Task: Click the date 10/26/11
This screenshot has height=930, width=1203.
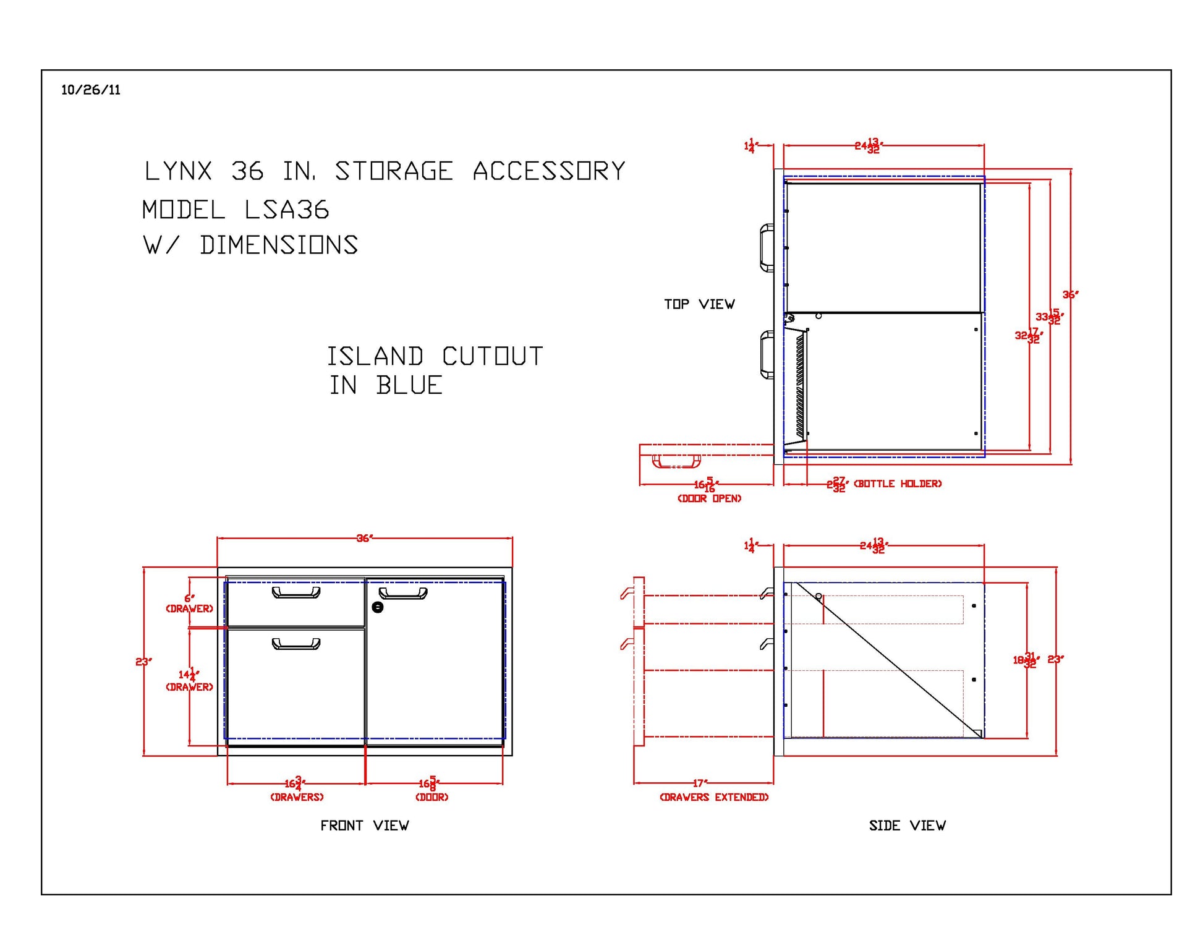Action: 90,90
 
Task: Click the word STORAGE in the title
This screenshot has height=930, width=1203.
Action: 394,171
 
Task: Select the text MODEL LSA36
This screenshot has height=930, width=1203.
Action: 236,210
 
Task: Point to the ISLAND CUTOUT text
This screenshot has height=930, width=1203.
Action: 435,357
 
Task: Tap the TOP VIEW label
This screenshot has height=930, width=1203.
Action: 699,304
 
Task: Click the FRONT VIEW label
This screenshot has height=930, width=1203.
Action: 364,825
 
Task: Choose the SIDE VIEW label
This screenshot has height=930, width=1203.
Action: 907,825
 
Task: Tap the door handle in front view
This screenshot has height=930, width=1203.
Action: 403,594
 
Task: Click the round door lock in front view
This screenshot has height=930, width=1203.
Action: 378,607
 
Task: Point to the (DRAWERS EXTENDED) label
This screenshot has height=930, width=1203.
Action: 714,797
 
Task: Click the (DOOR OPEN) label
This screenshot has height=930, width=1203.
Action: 709,498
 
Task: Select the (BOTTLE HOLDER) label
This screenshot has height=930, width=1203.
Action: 898,484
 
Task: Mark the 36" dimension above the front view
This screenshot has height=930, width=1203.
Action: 365,538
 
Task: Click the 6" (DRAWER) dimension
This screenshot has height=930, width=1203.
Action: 189,603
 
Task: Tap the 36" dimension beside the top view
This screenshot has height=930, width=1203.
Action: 1070,295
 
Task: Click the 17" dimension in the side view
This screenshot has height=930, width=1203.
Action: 699,783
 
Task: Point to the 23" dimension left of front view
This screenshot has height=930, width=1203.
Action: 143,662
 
